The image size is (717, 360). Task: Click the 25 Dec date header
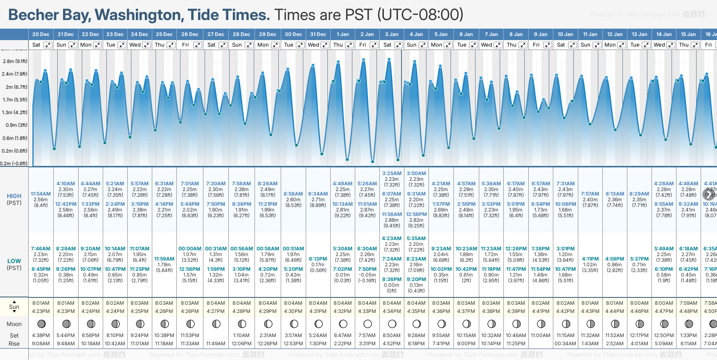tap(164, 34)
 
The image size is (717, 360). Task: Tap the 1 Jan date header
tap(343, 34)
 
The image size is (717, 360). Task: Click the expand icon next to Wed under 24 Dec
tap(146, 45)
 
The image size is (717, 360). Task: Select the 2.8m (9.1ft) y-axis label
tap(15, 61)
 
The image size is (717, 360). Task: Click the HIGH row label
tap(14, 196)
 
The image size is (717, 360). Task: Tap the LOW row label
tap(14, 261)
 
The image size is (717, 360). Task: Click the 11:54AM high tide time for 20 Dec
tap(41, 194)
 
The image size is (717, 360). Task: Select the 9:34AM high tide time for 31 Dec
tap(318, 194)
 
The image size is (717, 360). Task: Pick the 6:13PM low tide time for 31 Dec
tap(318, 259)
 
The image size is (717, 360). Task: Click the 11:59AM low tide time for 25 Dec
tap(164, 259)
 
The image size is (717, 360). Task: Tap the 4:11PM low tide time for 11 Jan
tap(590, 259)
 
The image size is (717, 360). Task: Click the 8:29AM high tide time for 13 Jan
tap(639, 194)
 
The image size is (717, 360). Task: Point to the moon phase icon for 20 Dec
tap(41, 324)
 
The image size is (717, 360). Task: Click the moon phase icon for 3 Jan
tap(392, 324)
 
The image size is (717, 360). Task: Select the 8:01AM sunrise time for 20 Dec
tap(41, 303)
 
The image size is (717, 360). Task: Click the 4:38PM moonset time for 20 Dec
tap(41, 335)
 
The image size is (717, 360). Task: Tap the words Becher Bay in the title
tap(50, 15)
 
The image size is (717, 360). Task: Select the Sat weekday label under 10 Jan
tap(561, 45)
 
